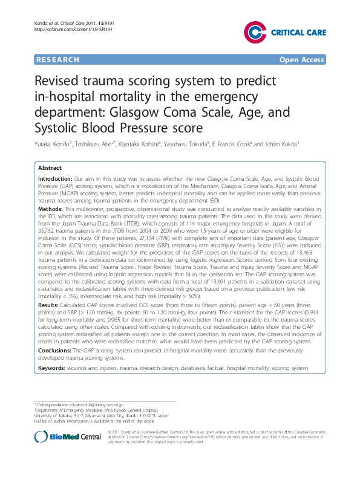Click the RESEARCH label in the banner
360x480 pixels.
point(57,60)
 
